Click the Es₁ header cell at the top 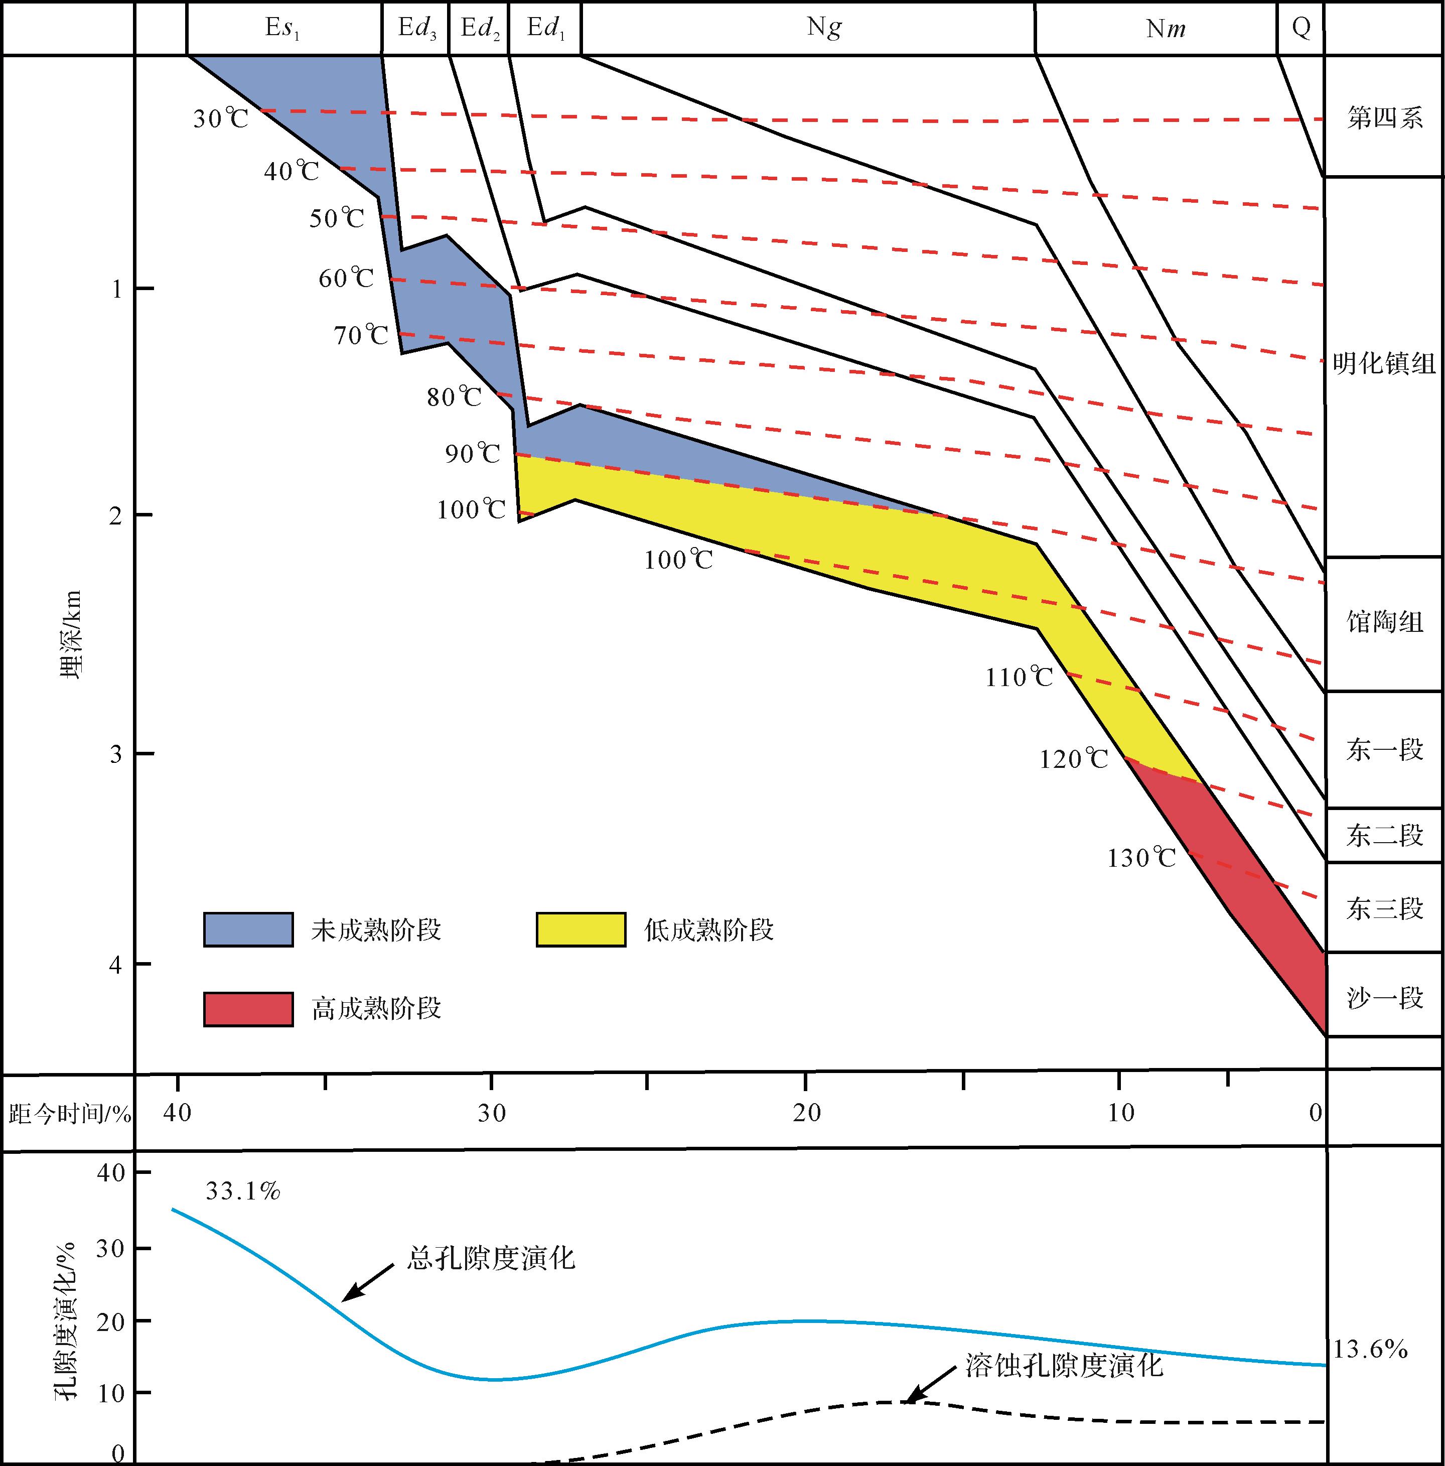click(283, 28)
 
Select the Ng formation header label click(824, 28)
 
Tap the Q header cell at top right click(1301, 28)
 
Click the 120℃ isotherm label click(1073, 759)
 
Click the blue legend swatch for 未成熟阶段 click(248, 929)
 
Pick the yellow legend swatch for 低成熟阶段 click(581, 929)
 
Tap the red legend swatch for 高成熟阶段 click(248, 1009)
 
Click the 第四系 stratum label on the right click(1384, 118)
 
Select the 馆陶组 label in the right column click(1384, 623)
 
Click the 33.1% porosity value click(243, 1192)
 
